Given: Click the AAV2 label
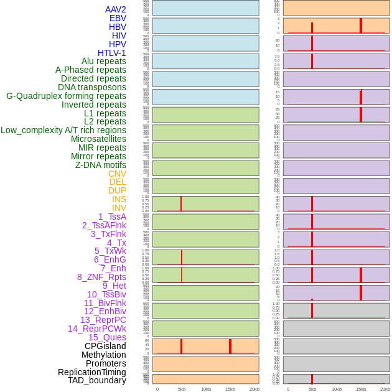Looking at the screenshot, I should coord(115,9).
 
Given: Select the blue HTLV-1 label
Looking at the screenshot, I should coord(111,53).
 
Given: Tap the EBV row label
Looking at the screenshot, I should coord(118,18).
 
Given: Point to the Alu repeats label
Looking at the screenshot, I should coord(104,61).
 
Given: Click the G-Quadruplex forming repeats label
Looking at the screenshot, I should coord(66,96).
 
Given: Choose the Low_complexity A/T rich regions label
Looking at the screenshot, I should coord(63,130).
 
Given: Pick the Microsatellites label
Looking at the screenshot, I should coord(98,139).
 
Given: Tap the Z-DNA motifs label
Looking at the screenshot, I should coord(101,165).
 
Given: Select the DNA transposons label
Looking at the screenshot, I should coord(92,87).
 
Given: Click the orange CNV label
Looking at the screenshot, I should coord(117,174).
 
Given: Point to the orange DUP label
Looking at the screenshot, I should coord(117,190).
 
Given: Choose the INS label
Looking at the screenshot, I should coord(119,199).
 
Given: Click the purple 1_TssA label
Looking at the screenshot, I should coord(112,217).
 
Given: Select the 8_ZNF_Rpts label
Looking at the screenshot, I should coord(101,277).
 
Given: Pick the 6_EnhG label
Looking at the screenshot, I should coord(110,259).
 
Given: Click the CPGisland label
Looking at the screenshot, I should coord(105,346).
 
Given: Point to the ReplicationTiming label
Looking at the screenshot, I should coord(92,372).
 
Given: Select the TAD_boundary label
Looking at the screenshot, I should coord(97,380).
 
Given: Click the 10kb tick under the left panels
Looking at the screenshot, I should coord(206,389).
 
